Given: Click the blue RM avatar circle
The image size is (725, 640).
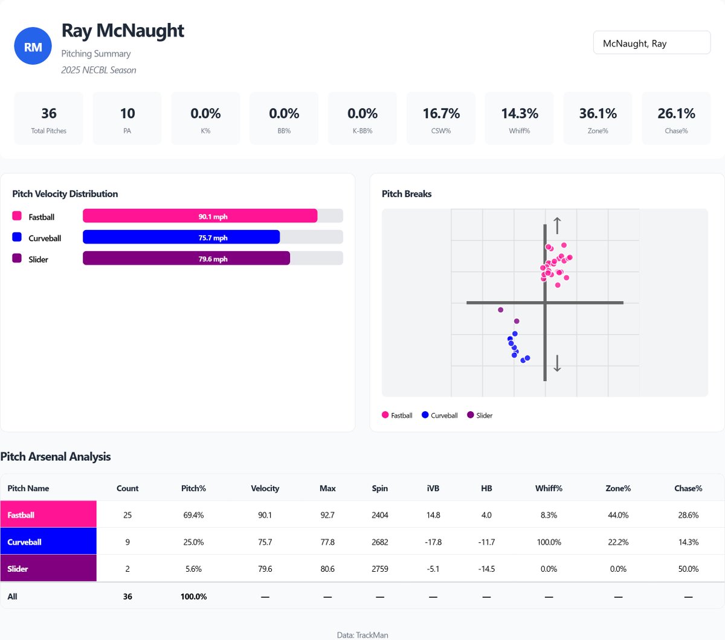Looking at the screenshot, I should (33, 46).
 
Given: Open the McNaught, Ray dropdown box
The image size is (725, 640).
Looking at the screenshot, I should (651, 43).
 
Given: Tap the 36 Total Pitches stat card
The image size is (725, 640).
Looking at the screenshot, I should (49, 118).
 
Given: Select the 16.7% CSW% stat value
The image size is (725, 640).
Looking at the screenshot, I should (441, 114).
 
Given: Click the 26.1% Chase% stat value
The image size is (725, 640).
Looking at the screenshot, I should (676, 114).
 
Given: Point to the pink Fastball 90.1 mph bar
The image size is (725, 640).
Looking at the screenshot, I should (200, 216).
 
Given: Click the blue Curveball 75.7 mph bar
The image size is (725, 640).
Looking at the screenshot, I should (181, 237).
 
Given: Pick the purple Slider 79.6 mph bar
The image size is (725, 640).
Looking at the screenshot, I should (186, 258).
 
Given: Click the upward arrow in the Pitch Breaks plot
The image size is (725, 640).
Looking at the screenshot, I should (557, 225).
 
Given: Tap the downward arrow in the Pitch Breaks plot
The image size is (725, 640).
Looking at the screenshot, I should (557, 363).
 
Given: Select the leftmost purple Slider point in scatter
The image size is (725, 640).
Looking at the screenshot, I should (500, 310).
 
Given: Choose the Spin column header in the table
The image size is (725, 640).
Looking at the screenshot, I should (379, 488).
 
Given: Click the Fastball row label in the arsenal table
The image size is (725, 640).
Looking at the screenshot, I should (48, 514).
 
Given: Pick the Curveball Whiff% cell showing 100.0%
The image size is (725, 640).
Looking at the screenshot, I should (549, 542).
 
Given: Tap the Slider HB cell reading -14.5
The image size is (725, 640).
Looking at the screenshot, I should (486, 569).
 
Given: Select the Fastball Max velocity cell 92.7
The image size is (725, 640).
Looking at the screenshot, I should (327, 515).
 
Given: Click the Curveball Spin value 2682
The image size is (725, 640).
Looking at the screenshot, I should (379, 542).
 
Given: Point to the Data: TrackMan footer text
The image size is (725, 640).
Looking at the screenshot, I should (362, 635).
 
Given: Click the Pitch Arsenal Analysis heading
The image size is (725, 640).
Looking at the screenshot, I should (56, 456).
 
